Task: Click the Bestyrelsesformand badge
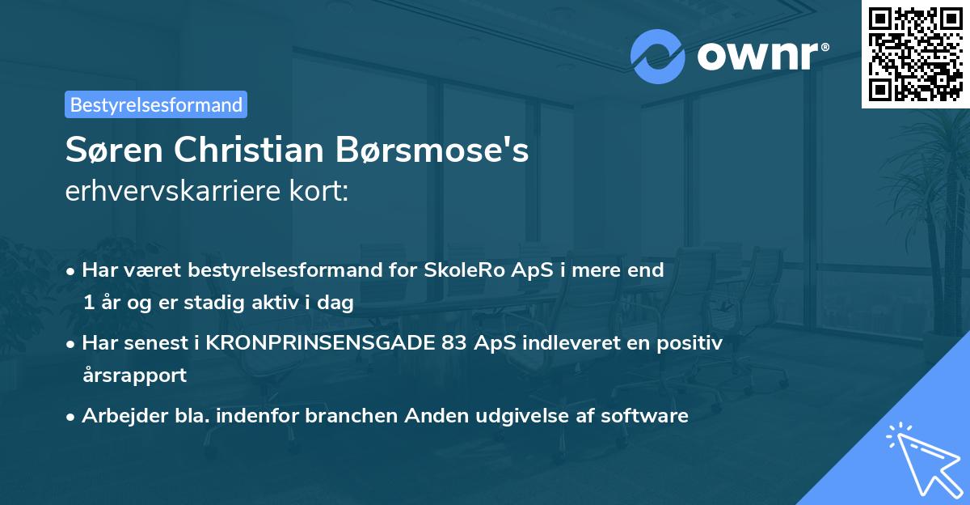pyautogui.click(x=156, y=104)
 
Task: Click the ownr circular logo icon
pyautogui.click(x=658, y=56)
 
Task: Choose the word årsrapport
pyautogui.click(x=134, y=375)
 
